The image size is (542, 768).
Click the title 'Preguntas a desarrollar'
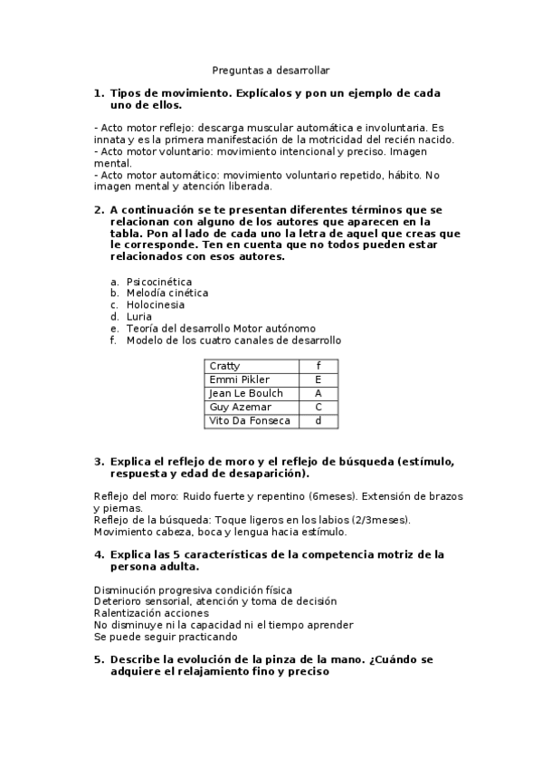pyautogui.click(x=271, y=69)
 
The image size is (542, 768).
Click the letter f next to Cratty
pyautogui.click(x=319, y=366)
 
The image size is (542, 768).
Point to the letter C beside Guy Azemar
pyautogui.click(x=319, y=408)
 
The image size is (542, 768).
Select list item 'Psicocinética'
pyautogui.click(x=159, y=282)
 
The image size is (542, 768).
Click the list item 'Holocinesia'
pyautogui.click(x=156, y=305)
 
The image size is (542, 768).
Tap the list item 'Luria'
pyautogui.click(x=139, y=317)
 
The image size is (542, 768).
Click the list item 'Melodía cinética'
pyautogui.click(x=167, y=293)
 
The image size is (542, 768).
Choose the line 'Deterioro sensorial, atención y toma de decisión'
pyautogui.click(x=215, y=601)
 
